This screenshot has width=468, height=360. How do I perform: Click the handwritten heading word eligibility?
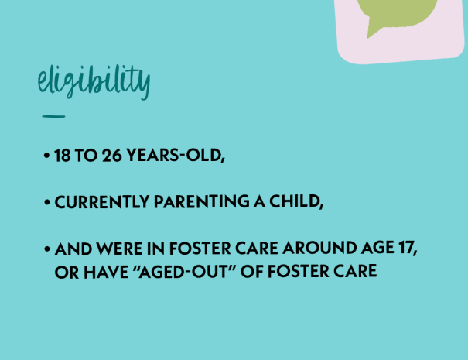94,81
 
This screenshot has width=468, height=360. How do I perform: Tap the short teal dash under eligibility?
53,116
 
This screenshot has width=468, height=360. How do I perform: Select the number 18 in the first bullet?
63,156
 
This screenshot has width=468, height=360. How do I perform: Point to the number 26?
111,156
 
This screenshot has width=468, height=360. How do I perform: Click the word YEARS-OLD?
176,156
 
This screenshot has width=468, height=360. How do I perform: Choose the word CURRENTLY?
102,201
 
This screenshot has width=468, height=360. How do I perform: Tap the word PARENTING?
202,201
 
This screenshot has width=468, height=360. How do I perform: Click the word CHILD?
296,201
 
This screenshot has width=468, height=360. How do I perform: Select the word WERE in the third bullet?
119,249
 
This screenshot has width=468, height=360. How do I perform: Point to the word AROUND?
319,249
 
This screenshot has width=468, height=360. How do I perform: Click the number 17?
408,248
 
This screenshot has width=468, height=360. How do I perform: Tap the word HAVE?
106,273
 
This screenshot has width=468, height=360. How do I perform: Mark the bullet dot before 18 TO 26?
46,156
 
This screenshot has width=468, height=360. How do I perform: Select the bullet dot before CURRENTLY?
46,202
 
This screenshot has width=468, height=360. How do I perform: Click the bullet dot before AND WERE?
46,249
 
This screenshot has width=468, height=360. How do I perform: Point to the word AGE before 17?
377,249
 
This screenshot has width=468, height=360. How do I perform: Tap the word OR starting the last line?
67,273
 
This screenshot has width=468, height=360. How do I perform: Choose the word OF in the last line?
251,272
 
